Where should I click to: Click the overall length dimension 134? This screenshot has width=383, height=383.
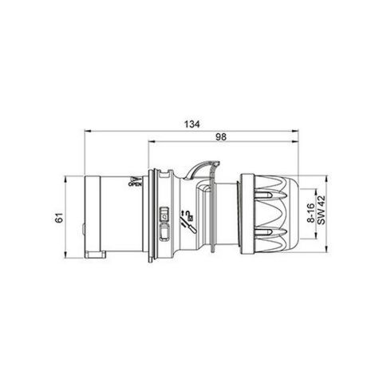190,124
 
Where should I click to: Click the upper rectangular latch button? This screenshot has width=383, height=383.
165,214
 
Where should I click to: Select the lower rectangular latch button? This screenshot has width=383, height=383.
165,232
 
